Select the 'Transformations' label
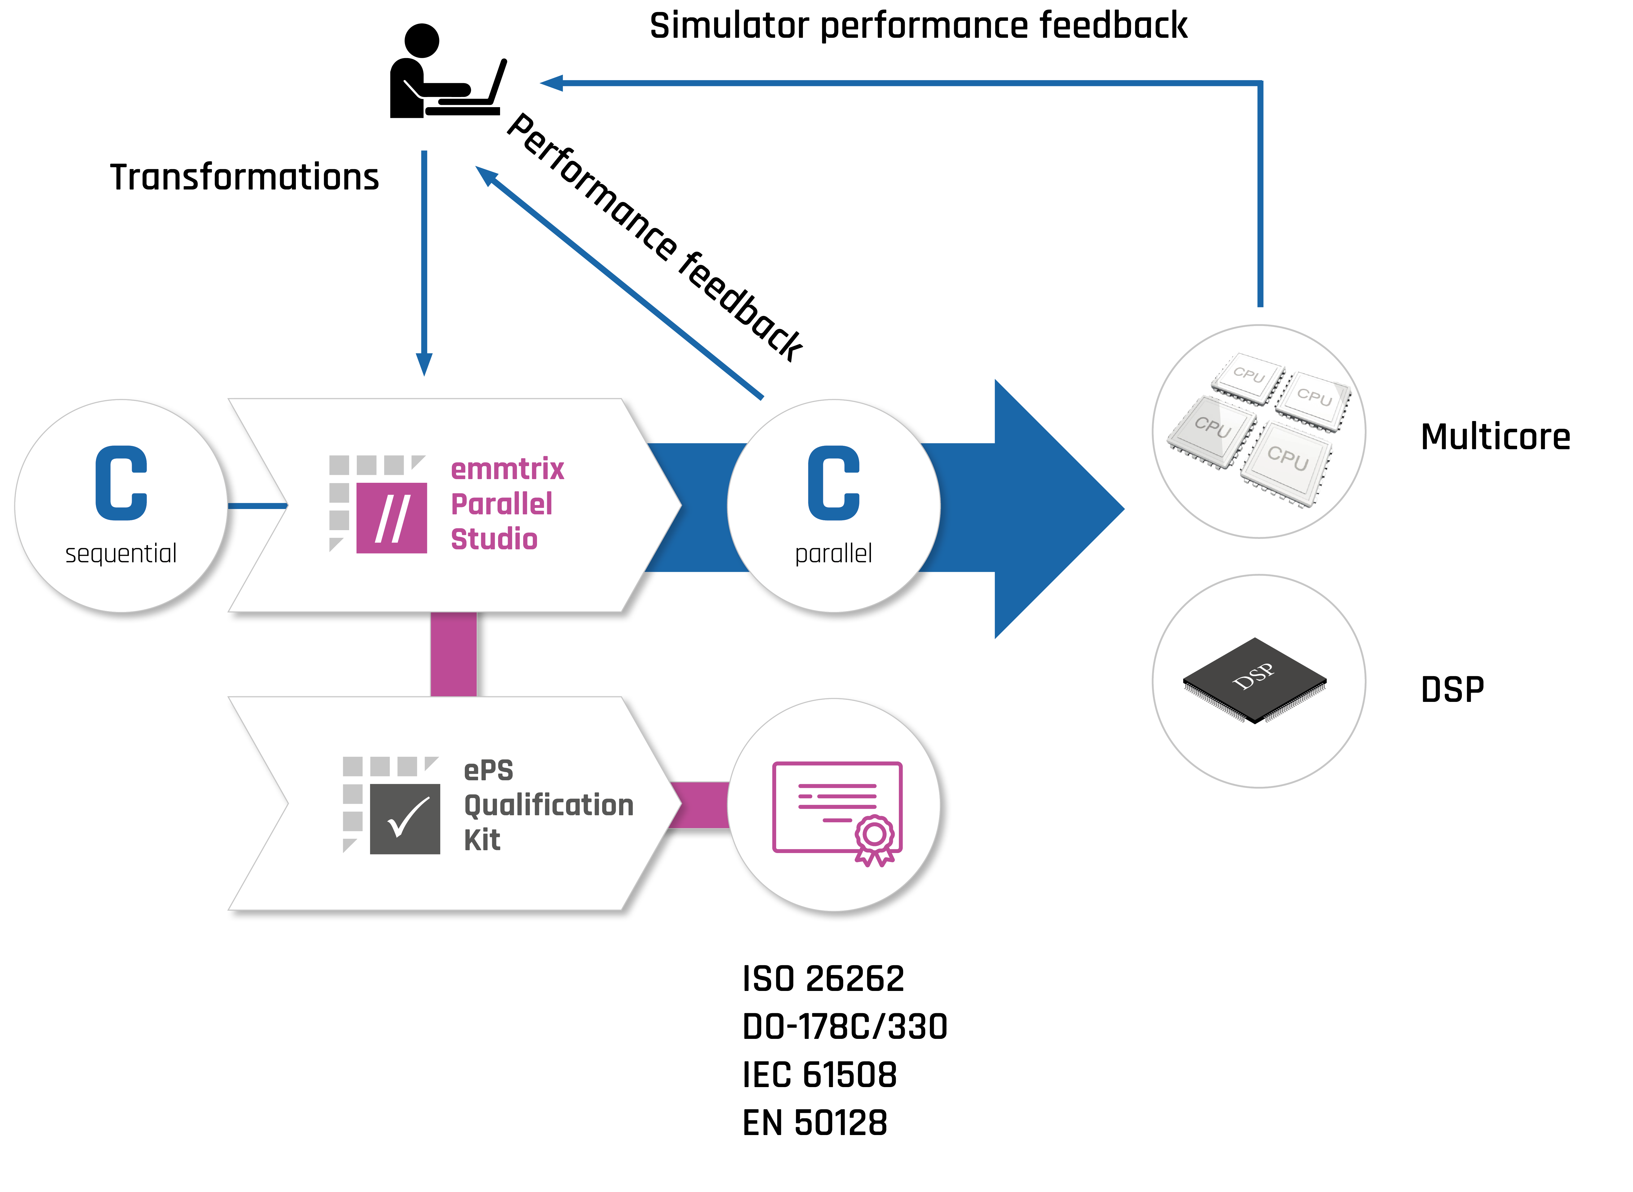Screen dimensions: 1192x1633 244,177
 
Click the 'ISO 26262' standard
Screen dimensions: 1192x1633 823,979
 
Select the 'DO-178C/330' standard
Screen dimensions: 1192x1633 844,1027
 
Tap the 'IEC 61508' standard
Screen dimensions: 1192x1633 819,1075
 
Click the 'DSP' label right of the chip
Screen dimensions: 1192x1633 1452,690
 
